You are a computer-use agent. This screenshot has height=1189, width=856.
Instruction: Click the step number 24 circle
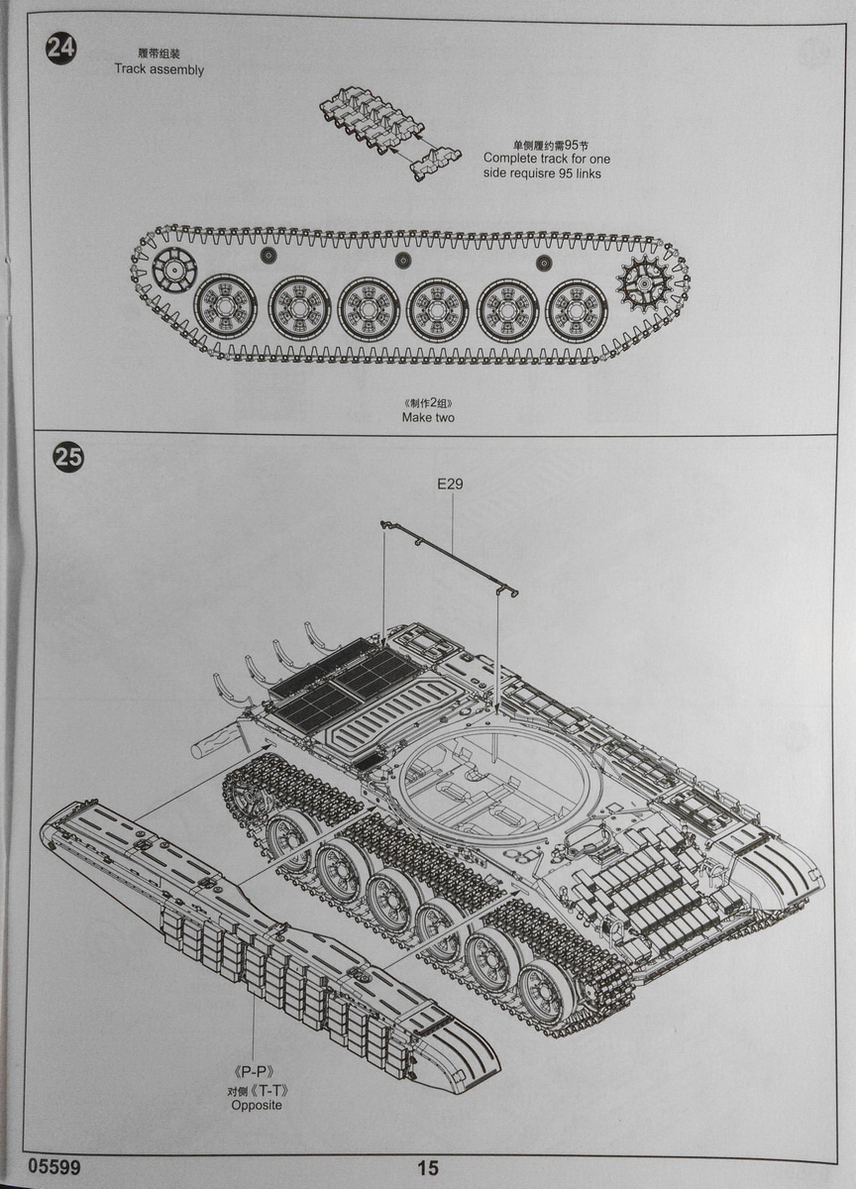[60, 49]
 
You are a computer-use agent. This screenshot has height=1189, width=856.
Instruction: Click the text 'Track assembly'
[159, 70]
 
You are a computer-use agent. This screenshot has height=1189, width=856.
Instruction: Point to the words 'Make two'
[428, 417]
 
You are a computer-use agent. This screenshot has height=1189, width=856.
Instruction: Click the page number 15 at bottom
[427, 1168]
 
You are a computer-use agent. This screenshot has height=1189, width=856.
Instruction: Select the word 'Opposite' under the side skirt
[257, 1105]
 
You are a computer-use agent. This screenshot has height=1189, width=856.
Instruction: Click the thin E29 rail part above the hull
[452, 555]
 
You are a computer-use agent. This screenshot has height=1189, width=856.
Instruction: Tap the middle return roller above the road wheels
[402, 260]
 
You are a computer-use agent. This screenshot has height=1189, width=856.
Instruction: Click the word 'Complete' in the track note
[512, 159]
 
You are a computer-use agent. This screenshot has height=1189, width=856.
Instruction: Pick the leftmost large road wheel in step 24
[223, 306]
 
